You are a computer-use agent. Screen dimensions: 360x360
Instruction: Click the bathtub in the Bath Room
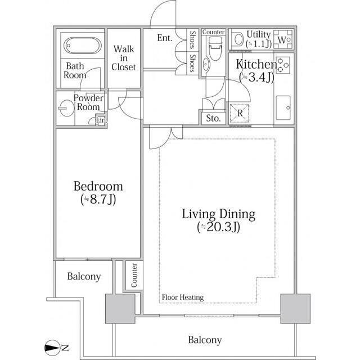(x=83, y=45)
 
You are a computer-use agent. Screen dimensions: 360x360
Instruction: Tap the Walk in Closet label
(x=124, y=58)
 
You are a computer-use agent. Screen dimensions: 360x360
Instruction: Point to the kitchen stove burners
(x=283, y=65)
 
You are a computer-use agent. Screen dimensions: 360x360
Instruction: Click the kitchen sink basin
(x=283, y=107)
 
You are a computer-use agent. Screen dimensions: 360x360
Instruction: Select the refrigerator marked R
(x=240, y=113)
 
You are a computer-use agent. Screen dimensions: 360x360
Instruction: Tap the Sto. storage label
(x=213, y=118)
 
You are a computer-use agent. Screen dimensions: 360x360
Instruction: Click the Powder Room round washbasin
(x=66, y=108)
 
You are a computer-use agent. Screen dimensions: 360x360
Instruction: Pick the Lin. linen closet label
(x=101, y=120)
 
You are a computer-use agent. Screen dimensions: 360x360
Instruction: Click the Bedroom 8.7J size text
(x=98, y=200)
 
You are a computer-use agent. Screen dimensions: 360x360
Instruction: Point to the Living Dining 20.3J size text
(x=219, y=227)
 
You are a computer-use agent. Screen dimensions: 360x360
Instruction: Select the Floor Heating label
(x=183, y=298)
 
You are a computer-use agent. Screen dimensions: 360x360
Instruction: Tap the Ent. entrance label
(x=165, y=38)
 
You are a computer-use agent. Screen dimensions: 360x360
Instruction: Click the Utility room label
(x=259, y=34)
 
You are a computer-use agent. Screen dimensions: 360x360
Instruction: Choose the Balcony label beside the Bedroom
(x=84, y=276)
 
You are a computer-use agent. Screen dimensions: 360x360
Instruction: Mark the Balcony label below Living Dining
(x=205, y=340)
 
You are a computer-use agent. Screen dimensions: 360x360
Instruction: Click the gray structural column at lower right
(x=295, y=309)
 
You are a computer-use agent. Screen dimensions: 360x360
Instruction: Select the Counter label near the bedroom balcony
(x=134, y=275)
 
